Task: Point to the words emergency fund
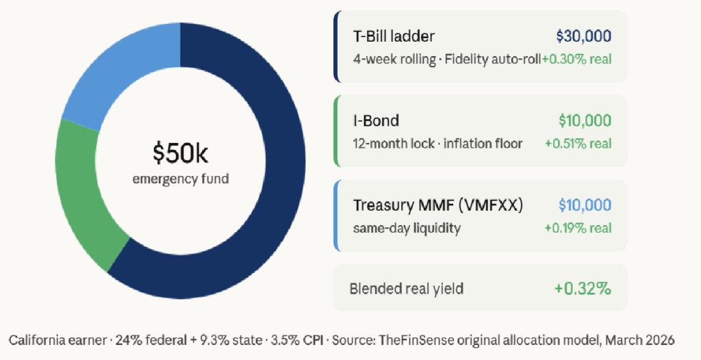tap(181, 179)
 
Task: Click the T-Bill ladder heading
tap(394, 36)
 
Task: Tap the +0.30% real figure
tap(576, 59)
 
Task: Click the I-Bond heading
tap(376, 121)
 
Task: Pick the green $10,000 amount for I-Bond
tap(585, 121)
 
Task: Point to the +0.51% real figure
tap(578, 144)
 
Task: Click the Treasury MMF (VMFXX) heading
tap(438, 205)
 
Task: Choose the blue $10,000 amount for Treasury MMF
tap(585, 205)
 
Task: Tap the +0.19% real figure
tap(578, 228)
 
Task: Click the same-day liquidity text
tap(407, 228)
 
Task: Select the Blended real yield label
tap(406, 289)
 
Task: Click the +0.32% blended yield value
tap(583, 289)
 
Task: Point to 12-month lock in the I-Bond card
tap(385, 144)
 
